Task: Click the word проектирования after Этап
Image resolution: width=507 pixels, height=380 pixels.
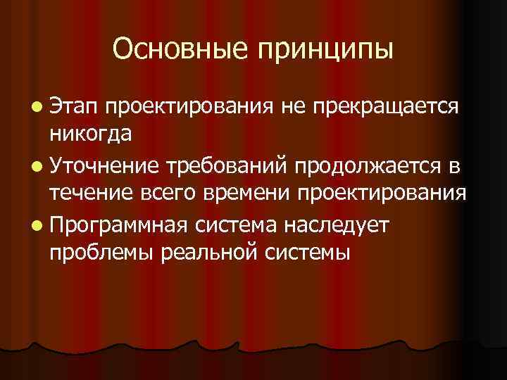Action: (190, 107)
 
